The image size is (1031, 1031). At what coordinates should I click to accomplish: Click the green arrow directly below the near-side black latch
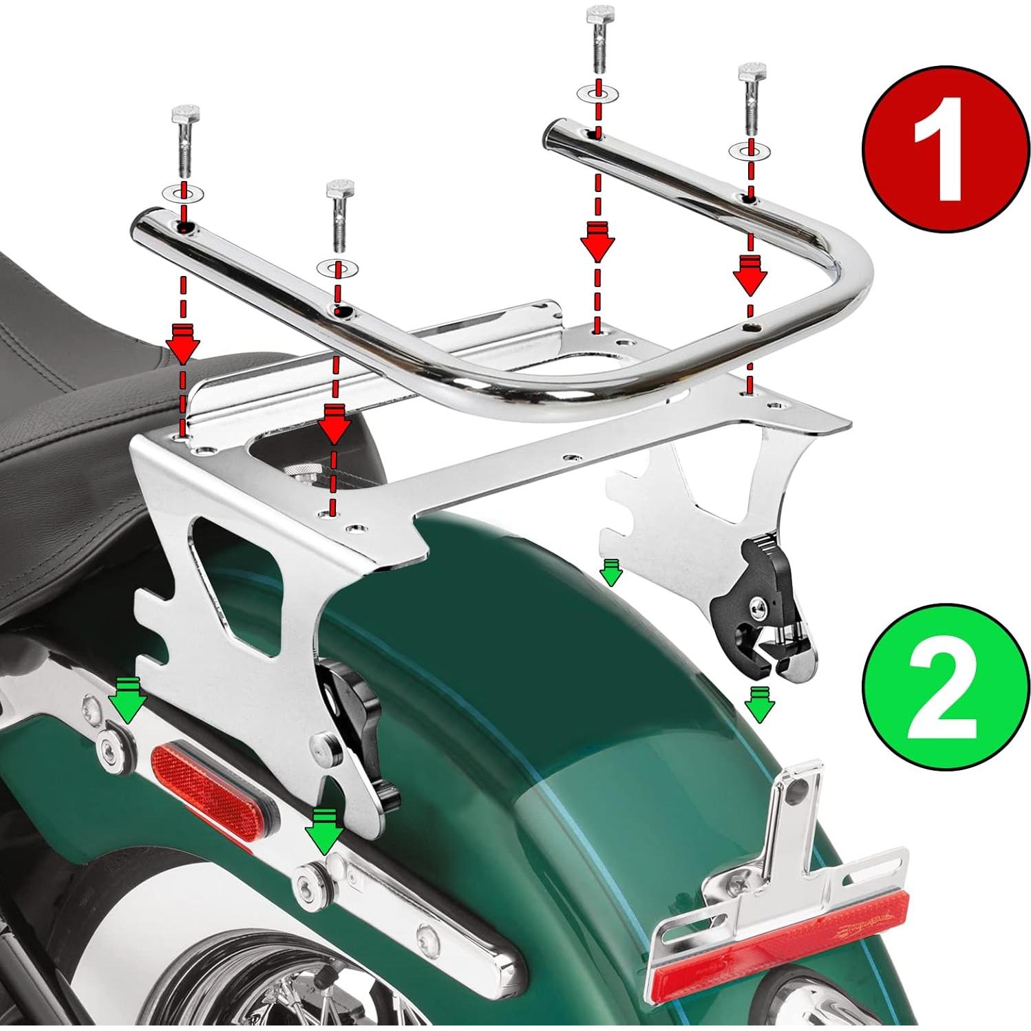pos(325,830)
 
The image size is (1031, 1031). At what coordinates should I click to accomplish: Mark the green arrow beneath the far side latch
pos(758,704)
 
